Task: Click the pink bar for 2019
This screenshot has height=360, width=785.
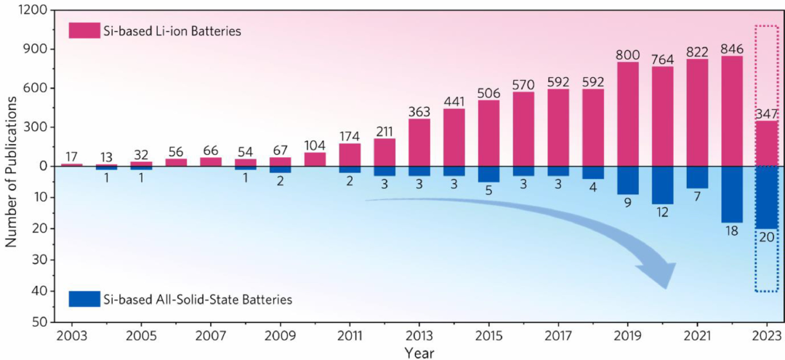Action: click(628, 114)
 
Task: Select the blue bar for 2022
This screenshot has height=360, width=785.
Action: click(732, 194)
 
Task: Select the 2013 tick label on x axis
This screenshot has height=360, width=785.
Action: click(418, 337)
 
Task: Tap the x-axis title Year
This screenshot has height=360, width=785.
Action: click(419, 353)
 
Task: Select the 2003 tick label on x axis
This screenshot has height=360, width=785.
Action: click(71, 337)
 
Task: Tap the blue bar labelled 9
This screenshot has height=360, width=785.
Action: click(628, 180)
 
